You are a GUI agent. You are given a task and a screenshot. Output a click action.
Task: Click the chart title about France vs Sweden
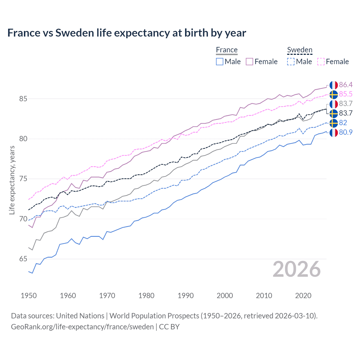point(127,33)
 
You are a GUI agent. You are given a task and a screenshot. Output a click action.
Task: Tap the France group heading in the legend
point(227,50)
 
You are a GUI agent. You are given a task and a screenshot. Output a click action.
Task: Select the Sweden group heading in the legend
point(300,50)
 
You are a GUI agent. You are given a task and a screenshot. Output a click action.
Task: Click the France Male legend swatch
point(220,62)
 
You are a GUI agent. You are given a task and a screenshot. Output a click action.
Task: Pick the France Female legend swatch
point(249,62)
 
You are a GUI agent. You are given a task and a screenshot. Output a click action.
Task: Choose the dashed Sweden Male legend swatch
point(291,62)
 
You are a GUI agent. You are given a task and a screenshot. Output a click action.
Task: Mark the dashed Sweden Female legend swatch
point(321,62)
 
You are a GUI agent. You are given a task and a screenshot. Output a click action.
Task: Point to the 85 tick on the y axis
point(23,99)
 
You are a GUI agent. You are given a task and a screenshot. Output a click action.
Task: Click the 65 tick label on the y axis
point(23,259)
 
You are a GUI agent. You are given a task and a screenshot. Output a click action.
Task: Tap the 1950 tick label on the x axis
point(29,296)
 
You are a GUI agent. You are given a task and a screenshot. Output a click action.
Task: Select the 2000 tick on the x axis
point(225,296)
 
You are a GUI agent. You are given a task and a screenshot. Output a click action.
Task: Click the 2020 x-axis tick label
point(303,296)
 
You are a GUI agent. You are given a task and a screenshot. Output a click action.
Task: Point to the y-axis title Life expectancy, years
point(12,180)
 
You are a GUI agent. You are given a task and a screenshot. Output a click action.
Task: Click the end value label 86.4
point(346,85)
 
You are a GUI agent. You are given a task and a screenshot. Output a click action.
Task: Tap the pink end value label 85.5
point(346,94)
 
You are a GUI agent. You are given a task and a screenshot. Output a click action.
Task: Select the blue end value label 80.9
point(346,132)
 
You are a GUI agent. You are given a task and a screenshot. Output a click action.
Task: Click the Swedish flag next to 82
point(334,123)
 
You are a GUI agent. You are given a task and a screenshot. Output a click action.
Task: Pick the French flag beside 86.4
point(334,85)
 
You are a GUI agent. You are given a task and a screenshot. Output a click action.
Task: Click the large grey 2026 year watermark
point(297,269)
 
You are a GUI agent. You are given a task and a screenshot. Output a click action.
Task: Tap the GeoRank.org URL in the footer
point(82,327)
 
